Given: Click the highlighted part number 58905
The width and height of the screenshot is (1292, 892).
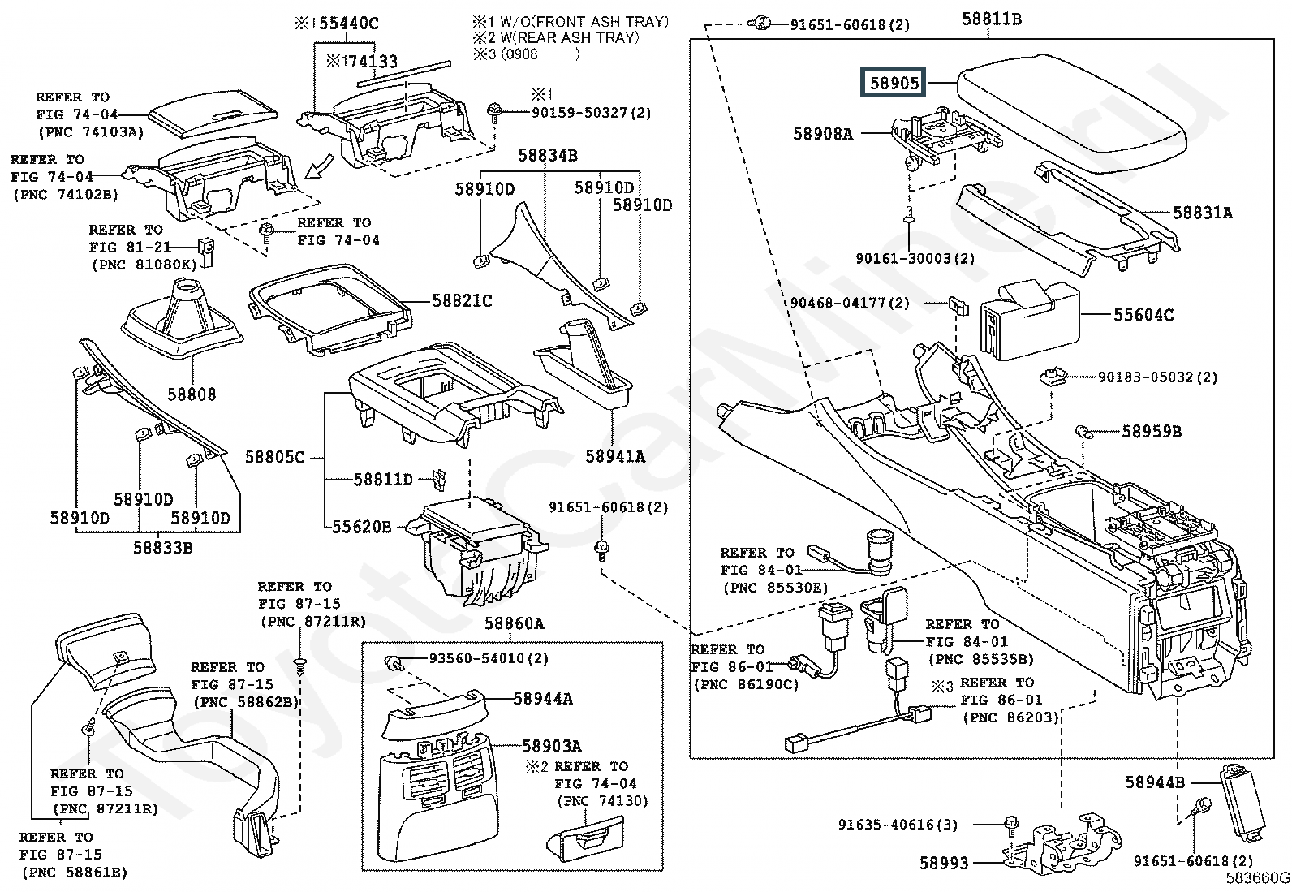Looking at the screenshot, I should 894,83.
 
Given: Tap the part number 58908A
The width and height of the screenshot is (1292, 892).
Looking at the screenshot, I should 823,134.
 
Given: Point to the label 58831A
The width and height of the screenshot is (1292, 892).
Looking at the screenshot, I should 1203,213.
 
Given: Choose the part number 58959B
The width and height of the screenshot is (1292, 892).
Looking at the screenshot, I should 1152,432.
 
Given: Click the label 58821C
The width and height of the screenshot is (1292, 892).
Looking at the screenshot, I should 463,301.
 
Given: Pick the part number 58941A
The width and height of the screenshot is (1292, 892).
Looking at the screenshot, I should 615,457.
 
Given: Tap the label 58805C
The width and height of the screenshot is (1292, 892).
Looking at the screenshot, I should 275,458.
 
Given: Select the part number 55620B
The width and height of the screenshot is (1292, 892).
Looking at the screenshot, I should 362,527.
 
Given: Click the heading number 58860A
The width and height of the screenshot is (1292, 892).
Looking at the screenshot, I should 515,623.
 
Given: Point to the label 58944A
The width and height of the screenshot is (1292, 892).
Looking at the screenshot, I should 543,699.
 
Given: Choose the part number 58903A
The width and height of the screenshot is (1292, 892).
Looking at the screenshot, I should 552,746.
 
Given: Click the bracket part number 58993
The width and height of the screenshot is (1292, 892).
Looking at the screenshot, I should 944,864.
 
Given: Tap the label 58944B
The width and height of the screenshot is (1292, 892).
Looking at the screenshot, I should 1155,782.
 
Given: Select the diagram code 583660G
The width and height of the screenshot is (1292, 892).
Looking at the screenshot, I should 1258,878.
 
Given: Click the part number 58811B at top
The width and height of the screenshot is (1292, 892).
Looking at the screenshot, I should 992,19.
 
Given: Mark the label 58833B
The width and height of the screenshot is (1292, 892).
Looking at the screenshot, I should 163,548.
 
